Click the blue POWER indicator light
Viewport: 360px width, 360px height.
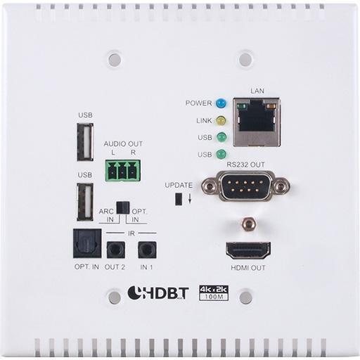[221, 103]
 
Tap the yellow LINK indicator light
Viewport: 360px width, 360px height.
[221, 121]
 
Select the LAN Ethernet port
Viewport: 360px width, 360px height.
[257, 122]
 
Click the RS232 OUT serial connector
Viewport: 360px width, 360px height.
[245, 186]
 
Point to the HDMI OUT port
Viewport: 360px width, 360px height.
[248, 250]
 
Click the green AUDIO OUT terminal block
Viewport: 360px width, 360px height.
[123, 171]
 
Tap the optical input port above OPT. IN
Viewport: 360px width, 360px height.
[87, 243]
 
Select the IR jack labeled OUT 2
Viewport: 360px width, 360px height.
[116, 250]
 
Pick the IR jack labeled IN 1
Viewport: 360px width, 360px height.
[147, 250]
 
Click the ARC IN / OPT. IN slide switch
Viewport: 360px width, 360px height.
[123, 207]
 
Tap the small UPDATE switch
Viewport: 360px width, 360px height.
[179, 199]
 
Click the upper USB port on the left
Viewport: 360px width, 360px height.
[85, 142]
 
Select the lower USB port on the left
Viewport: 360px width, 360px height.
[85, 202]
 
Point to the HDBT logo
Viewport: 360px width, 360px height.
[158, 292]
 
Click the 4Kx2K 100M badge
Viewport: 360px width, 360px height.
[214, 292]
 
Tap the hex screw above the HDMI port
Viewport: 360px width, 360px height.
[249, 224]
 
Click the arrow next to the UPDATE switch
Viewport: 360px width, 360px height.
[190, 198]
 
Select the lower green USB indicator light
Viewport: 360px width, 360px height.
[221, 154]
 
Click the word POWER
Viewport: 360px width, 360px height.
[198, 103]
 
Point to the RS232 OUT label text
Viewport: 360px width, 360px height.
[245, 165]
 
